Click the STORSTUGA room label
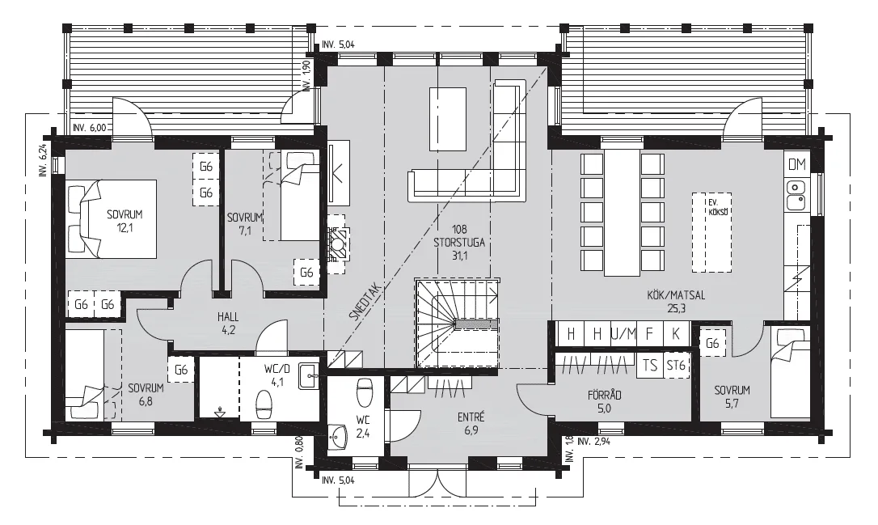(458, 243)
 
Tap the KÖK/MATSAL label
(675, 295)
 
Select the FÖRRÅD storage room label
(604, 395)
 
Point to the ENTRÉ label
(471, 417)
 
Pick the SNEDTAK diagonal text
(365, 301)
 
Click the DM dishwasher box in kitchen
(797, 164)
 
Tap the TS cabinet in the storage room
(649, 366)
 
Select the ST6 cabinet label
(676, 366)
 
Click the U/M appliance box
(623, 335)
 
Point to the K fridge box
(676, 335)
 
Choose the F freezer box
(649, 335)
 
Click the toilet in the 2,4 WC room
(365, 393)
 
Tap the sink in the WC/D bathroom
(309, 375)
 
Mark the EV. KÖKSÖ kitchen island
(711, 232)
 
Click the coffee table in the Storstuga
(448, 119)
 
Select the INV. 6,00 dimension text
(89, 128)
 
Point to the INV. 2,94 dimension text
(593, 441)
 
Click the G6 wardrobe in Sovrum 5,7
(712, 342)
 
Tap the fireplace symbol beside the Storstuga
(338, 243)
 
